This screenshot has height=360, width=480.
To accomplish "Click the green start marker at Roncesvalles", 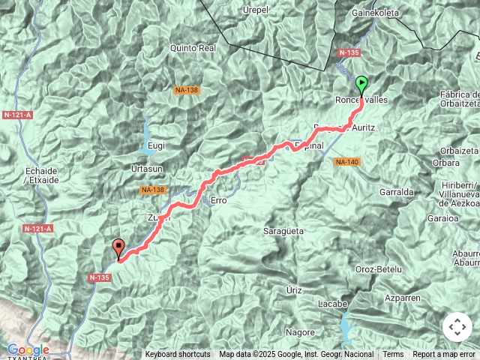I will click(362, 85).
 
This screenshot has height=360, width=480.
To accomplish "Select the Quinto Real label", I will click(193, 47).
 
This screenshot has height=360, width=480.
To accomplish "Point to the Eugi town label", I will click(156, 145).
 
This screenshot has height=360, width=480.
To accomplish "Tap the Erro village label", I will click(219, 200).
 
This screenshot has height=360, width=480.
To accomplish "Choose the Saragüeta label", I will click(283, 232).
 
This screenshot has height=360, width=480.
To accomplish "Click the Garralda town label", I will click(397, 192).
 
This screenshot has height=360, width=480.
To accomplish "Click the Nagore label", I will click(301, 331).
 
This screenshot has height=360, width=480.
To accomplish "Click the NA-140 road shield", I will click(346, 162).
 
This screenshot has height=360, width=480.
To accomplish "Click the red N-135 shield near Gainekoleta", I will click(349, 53).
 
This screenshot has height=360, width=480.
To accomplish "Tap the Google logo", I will click(28, 349).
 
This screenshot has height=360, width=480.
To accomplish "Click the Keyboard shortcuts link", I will click(178, 355).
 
